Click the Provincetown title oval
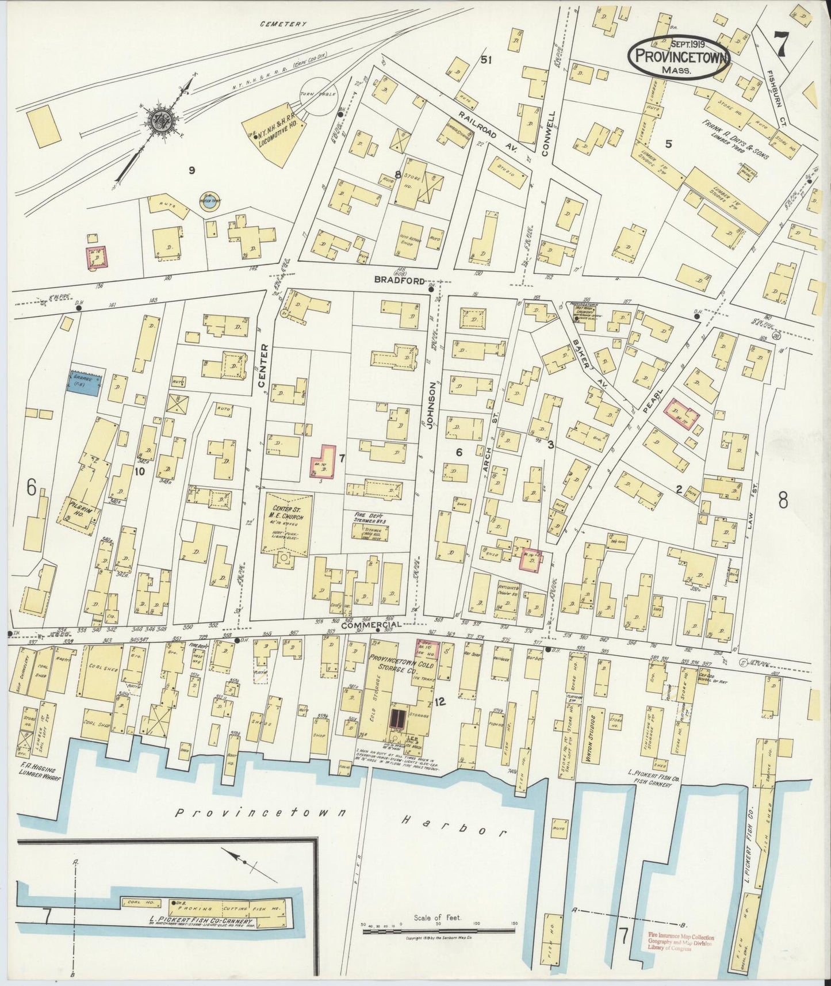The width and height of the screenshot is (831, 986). click(x=679, y=56)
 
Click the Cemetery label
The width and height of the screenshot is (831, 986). click(x=284, y=24)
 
